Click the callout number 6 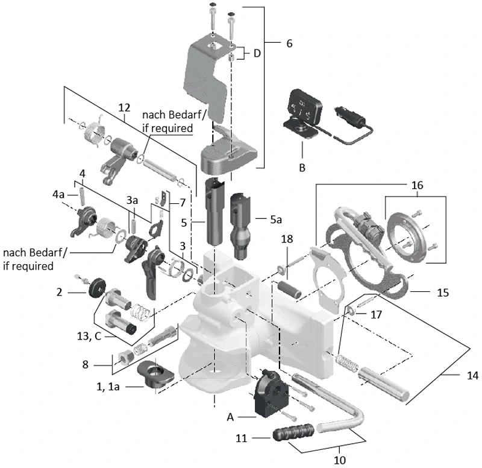tap(289, 43)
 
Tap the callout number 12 tap(125, 107)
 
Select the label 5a tap(276, 220)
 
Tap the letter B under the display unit tap(302, 167)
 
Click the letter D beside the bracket tap(257, 53)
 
